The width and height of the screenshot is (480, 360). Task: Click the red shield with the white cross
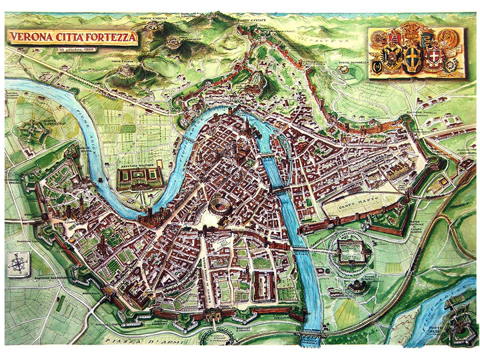click(x=435, y=57)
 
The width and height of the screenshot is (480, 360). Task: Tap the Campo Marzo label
click(x=362, y=199)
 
